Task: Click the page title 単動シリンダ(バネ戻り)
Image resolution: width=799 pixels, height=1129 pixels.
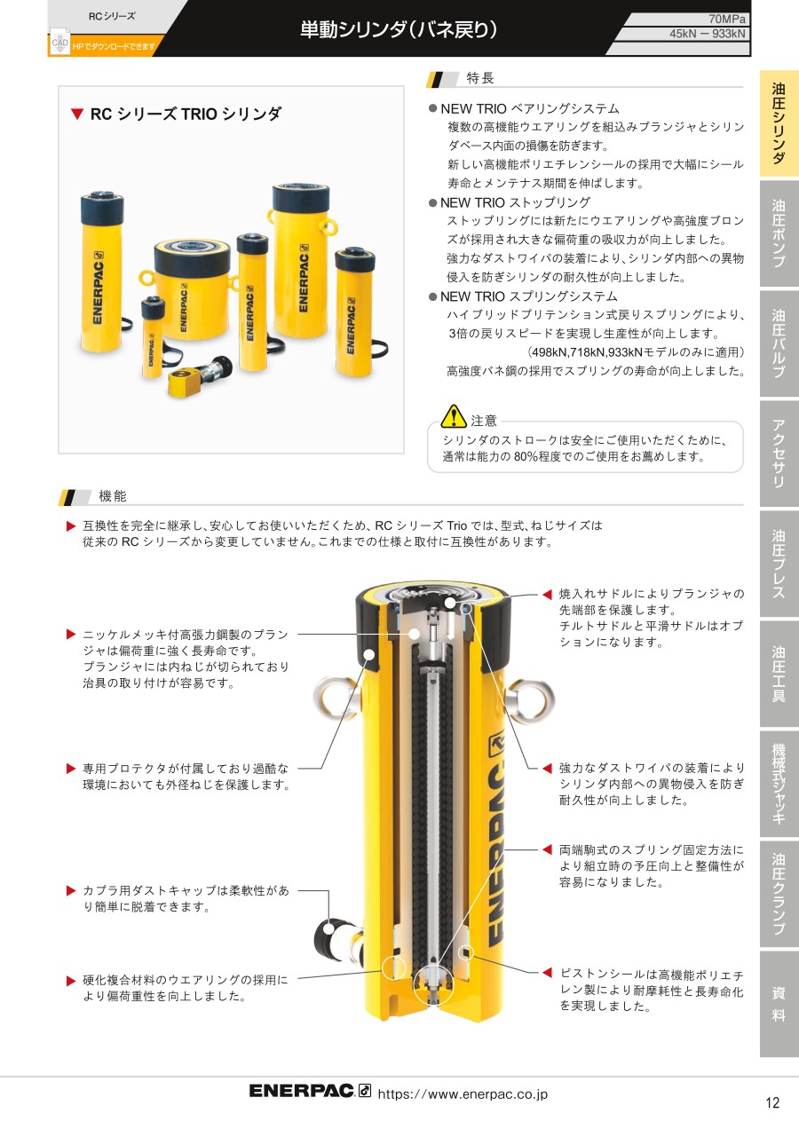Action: click(x=399, y=30)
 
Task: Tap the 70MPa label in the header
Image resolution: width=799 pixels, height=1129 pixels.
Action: click(x=727, y=20)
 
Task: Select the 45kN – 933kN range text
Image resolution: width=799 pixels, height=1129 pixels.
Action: click(x=708, y=34)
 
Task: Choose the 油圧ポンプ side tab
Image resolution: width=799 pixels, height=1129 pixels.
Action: click(x=779, y=233)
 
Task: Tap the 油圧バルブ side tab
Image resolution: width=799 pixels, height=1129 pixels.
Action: click(x=779, y=343)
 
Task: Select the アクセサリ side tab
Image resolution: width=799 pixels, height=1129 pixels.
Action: click(x=779, y=454)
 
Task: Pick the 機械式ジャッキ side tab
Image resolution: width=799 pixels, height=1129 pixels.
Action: click(x=779, y=784)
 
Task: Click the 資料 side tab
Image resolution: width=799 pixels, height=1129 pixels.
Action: click(x=779, y=1004)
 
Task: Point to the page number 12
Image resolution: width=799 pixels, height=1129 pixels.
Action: click(x=772, y=1102)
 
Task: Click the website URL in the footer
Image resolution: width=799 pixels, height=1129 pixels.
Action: click(x=463, y=1094)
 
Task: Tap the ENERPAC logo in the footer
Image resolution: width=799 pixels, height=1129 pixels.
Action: click(x=310, y=1091)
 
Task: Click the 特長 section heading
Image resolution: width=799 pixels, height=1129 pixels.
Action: click(x=480, y=78)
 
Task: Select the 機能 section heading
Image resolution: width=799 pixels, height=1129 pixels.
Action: click(x=113, y=496)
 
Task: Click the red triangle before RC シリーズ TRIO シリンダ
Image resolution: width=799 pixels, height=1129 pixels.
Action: click(x=77, y=114)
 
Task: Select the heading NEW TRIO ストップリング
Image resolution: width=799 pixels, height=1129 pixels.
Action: click(x=515, y=202)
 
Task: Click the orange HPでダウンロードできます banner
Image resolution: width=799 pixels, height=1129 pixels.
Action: click(x=114, y=46)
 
